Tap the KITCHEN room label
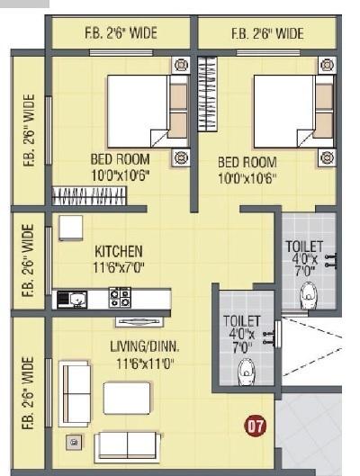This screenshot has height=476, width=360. tap(118, 250)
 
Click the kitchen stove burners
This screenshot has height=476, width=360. tap(120, 298)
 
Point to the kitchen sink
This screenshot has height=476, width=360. tap(72, 299)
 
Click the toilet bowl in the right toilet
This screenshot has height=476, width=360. tap(310, 293)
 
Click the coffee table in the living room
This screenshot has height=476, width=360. tap(127, 398)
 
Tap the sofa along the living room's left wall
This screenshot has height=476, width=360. tap(74, 393)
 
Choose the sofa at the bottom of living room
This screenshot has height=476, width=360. tap(127, 445)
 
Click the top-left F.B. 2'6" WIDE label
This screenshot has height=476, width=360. tap(120, 34)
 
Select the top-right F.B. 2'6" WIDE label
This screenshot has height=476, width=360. tap(266, 34)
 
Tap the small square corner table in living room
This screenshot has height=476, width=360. tap(74, 442)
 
